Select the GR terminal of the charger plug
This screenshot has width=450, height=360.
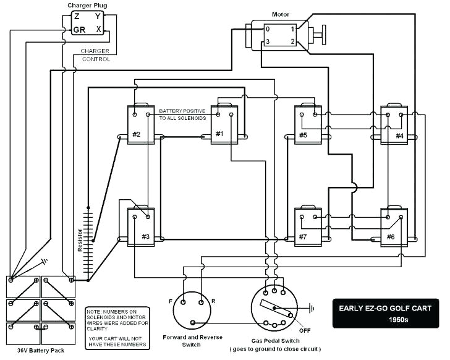(x=79, y=29)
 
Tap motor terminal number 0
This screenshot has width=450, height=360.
(x=268, y=29)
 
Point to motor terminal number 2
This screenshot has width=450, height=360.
(x=292, y=41)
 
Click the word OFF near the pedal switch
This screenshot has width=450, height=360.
(x=305, y=330)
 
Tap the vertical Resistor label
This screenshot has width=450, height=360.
(x=80, y=238)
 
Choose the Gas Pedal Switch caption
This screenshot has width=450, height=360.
(x=274, y=341)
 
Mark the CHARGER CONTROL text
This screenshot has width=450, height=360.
(x=96, y=55)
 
